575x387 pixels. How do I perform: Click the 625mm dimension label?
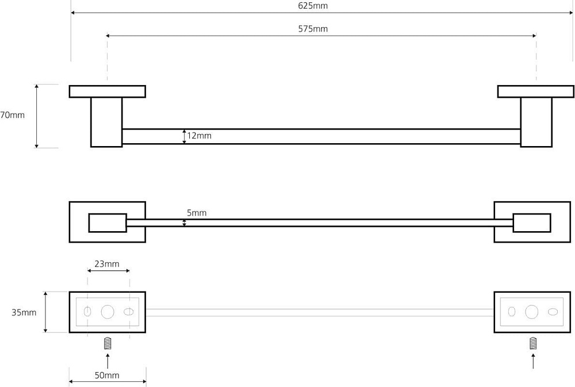pyautogui.click(x=313, y=6)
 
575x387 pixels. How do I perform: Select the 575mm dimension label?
pyautogui.click(x=313, y=29)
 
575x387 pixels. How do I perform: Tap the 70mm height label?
pyautogui.click(x=12, y=115)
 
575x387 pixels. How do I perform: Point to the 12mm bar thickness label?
pyautogui.click(x=199, y=136)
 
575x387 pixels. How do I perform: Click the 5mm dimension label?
pyautogui.click(x=197, y=213)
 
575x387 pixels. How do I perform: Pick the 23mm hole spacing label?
pyautogui.click(x=107, y=264)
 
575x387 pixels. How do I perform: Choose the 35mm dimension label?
pyautogui.click(x=24, y=313)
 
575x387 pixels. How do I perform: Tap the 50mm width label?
pyautogui.click(x=107, y=375)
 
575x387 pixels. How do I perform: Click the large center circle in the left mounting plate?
pyautogui.click(x=108, y=312)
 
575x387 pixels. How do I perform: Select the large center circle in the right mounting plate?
pyautogui.click(x=532, y=312)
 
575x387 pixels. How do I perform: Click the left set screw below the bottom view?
pyautogui.click(x=108, y=343)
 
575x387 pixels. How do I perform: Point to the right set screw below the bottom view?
pyautogui.click(x=533, y=343)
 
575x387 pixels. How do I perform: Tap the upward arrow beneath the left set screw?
pyautogui.click(x=108, y=361)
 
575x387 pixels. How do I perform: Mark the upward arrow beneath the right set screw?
pyautogui.click(x=533, y=361)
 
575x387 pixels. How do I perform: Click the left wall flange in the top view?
pyautogui.click(x=108, y=91)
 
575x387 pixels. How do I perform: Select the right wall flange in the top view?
pyautogui.click(x=536, y=91)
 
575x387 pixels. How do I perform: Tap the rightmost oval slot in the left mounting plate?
pyautogui.click(x=128, y=312)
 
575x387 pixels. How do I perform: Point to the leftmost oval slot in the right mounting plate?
pyautogui.click(x=512, y=312)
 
